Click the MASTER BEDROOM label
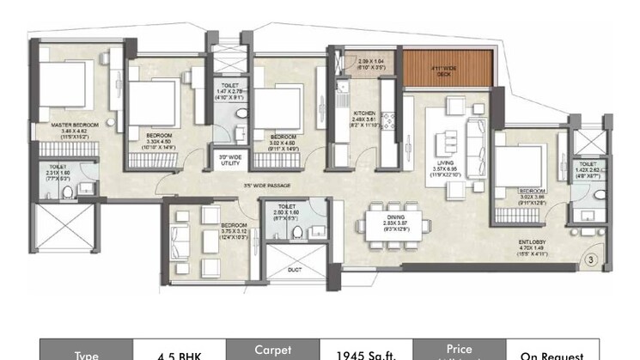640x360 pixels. pyautogui.click(x=75, y=125)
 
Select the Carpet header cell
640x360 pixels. pyautogui.click(x=272, y=351)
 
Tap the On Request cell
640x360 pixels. pyautogui.click(x=552, y=353)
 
